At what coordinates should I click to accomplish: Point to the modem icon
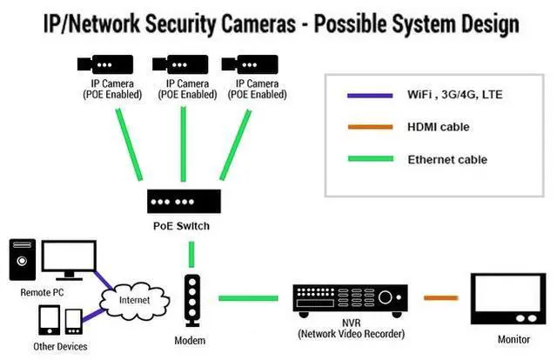click(191, 301)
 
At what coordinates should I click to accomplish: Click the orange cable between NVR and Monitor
click(442, 298)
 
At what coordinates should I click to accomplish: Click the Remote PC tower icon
click(23, 262)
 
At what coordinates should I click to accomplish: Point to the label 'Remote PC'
click(42, 293)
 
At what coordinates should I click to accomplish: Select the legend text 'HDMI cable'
click(438, 128)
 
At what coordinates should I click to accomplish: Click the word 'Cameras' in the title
click(248, 23)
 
